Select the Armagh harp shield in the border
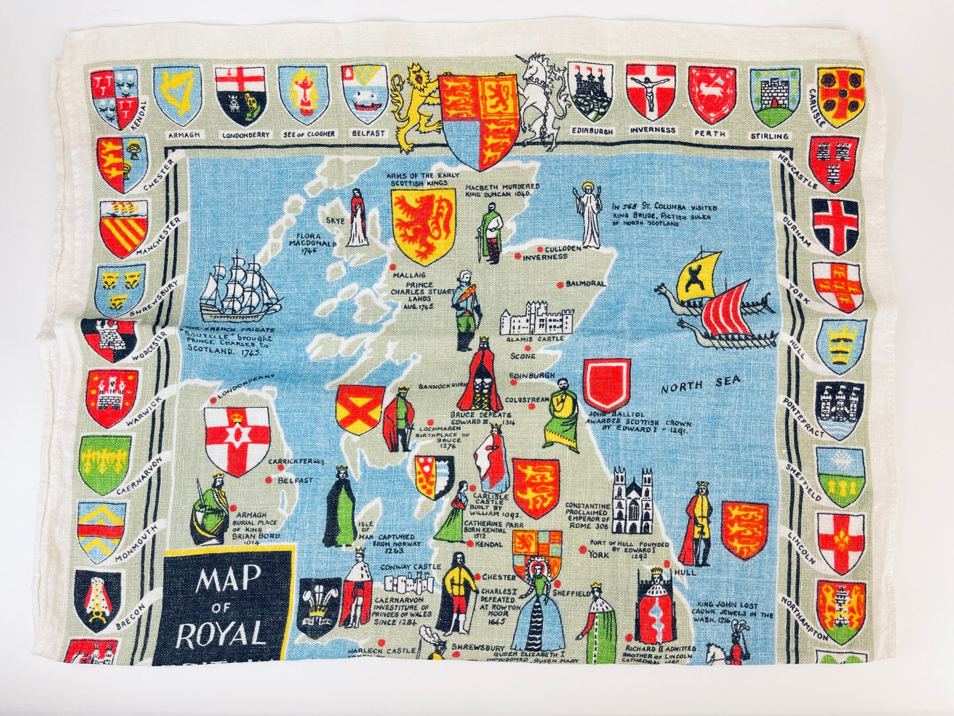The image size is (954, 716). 177,95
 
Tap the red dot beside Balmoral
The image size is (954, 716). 560,285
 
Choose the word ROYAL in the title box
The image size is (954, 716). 221,634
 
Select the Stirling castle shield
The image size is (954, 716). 774,97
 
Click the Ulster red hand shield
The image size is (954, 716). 236,439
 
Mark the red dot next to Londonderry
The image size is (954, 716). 213,400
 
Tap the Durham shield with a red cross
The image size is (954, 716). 835,225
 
